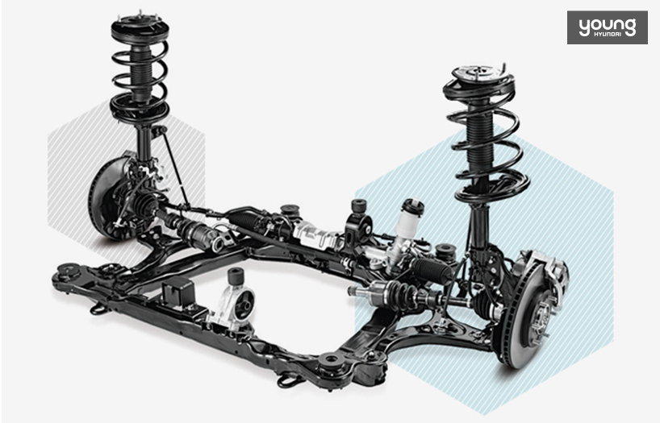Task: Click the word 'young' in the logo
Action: pyautogui.click(x=608, y=27)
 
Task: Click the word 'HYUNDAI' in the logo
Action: pyautogui.click(x=608, y=34)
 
